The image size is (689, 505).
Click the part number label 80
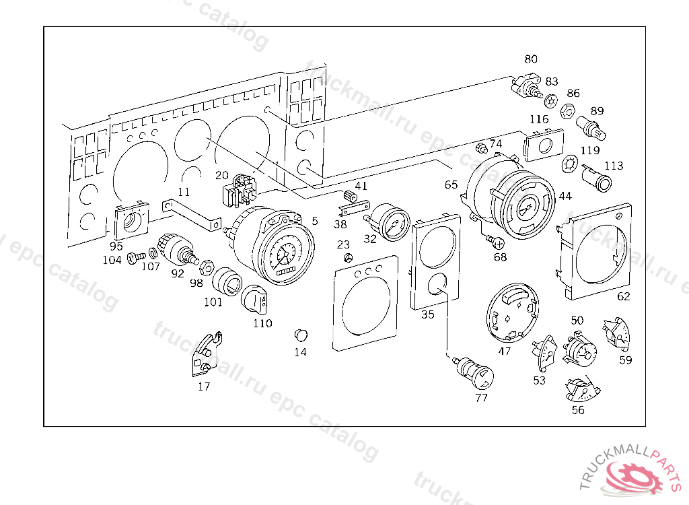(x=531, y=59)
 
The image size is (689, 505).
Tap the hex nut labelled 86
(x=567, y=109)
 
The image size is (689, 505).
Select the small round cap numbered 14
(x=301, y=335)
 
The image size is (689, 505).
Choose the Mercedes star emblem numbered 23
(x=347, y=259)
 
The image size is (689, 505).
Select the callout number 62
(x=624, y=296)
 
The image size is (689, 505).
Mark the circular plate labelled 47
(x=513, y=316)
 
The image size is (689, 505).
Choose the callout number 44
(x=565, y=196)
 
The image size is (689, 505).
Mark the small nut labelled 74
(x=481, y=147)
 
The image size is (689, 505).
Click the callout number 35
(x=427, y=314)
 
